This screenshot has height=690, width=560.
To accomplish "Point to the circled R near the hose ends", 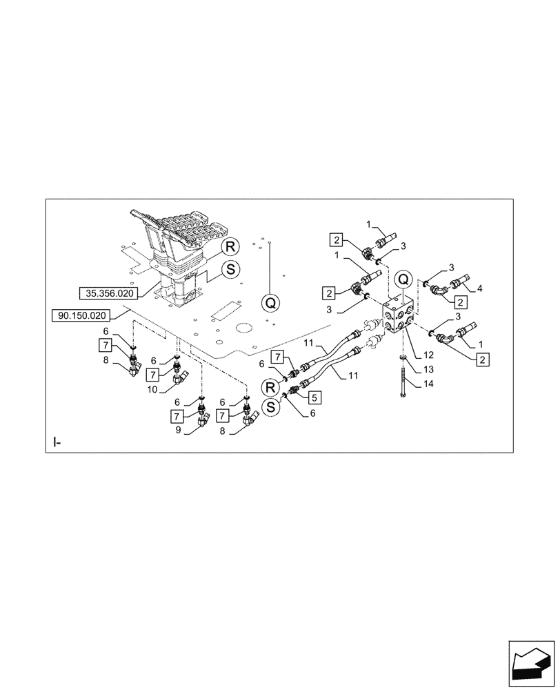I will (x=272, y=386).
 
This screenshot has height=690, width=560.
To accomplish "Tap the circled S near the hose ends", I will (x=272, y=407).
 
